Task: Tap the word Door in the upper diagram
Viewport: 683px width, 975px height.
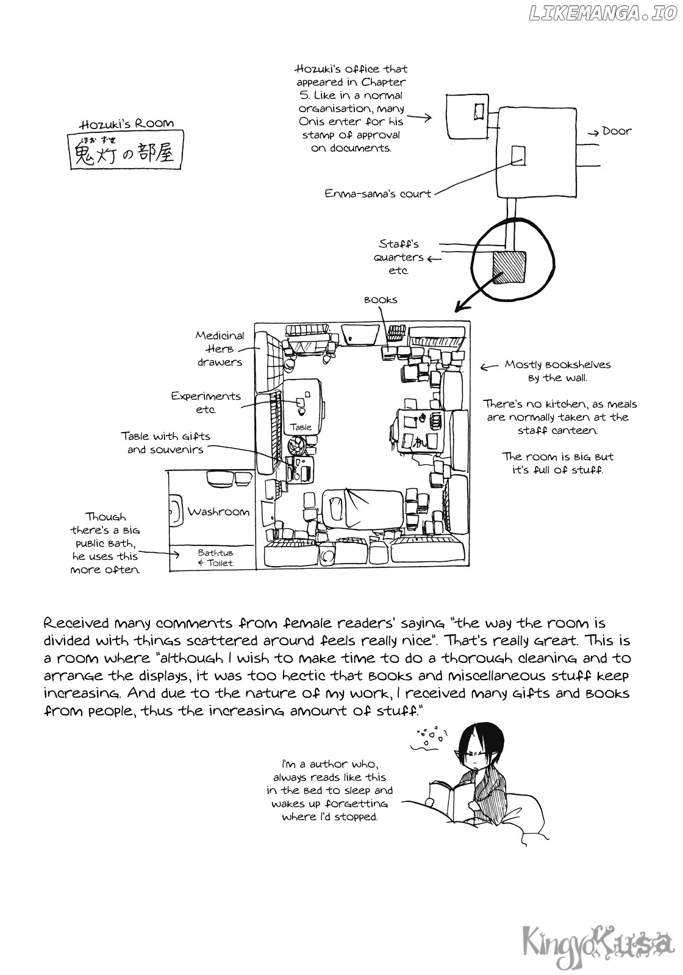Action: (617, 131)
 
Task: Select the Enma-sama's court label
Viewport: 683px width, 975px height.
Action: (377, 194)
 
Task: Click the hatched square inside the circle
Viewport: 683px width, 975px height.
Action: (508, 268)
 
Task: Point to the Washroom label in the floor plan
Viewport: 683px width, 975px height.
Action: (218, 512)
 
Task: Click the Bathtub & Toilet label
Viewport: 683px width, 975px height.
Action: (216, 558)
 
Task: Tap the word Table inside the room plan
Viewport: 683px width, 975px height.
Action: (301, 427)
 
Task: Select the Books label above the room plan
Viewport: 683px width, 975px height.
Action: (381, 300)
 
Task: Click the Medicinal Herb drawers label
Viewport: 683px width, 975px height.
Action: (220, 349)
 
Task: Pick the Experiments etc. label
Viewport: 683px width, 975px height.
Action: (206, 402)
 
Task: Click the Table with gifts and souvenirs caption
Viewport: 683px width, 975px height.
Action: (165, 443)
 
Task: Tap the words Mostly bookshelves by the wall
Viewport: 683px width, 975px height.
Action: (557, 371)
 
